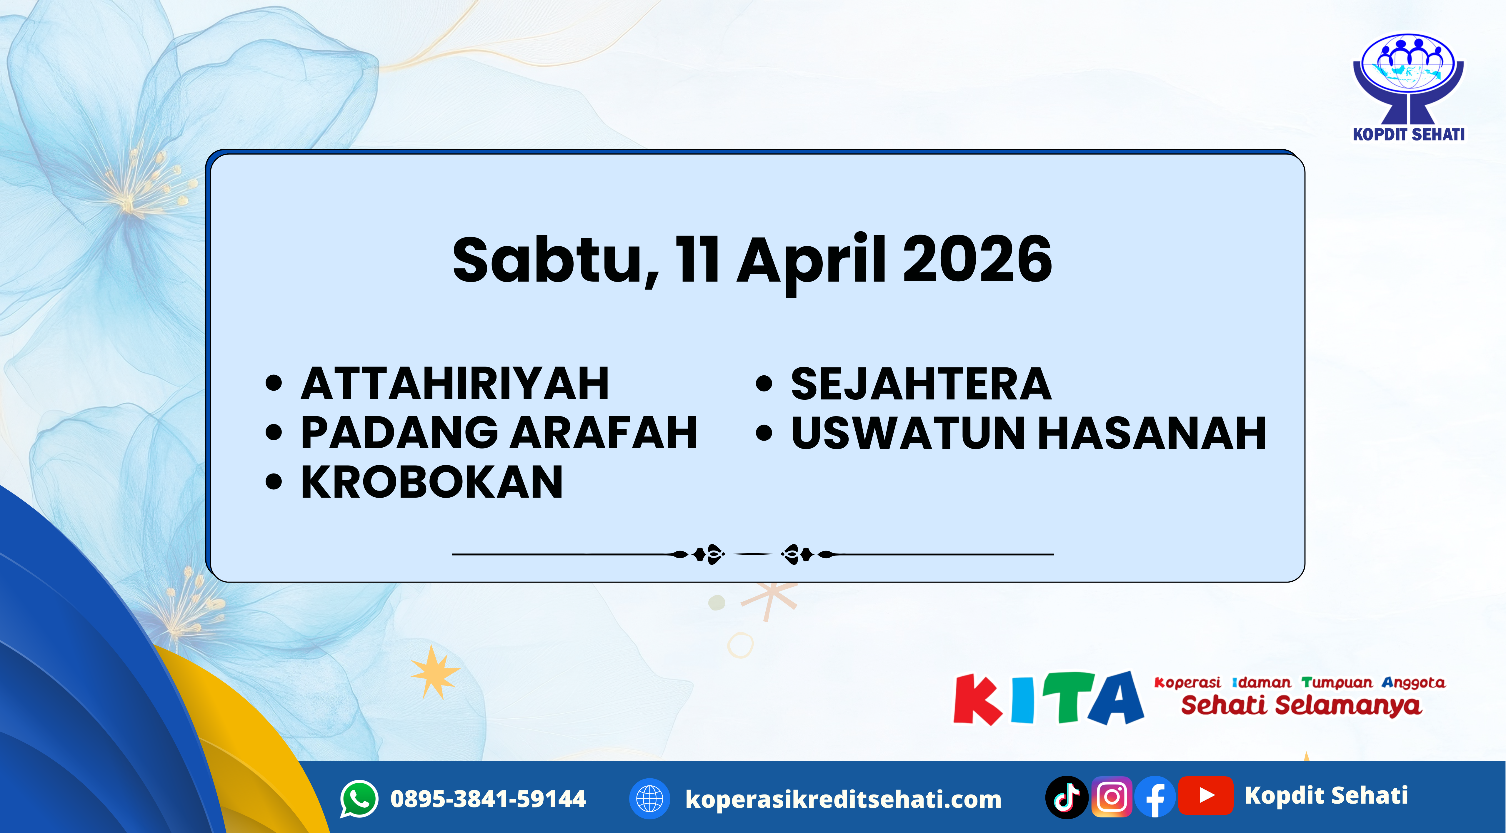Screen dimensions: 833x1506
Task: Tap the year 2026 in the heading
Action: tap(977, 260)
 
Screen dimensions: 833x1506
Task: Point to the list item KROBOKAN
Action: tap(432, 483)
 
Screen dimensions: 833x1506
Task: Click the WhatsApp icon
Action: tap(359, 799)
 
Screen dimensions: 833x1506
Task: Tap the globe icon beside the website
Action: tap(649, 799)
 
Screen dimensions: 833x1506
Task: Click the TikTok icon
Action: tap(1066, 797)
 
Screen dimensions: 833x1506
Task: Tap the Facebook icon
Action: tap(1155, 797)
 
